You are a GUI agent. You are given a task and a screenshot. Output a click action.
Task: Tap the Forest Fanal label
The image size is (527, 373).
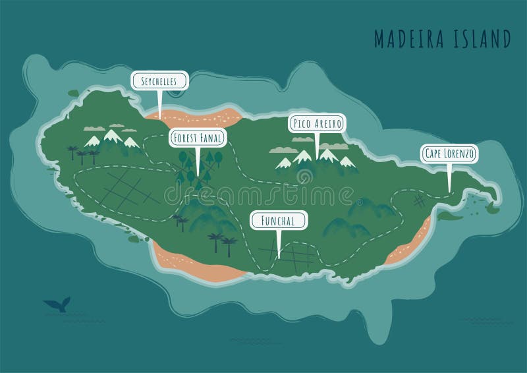[198, 138]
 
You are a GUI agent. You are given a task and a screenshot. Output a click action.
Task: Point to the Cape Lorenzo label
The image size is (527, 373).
[449, 154]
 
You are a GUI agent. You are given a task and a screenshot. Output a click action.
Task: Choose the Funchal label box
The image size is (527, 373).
[277, 220]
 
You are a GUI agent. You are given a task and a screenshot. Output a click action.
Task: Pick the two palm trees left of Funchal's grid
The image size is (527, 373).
[221, 244]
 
